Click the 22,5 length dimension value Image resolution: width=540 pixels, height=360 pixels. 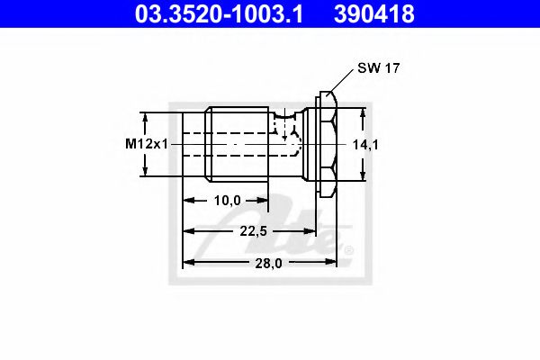(254, 232)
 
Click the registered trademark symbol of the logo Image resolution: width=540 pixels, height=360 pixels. (349, 249)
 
